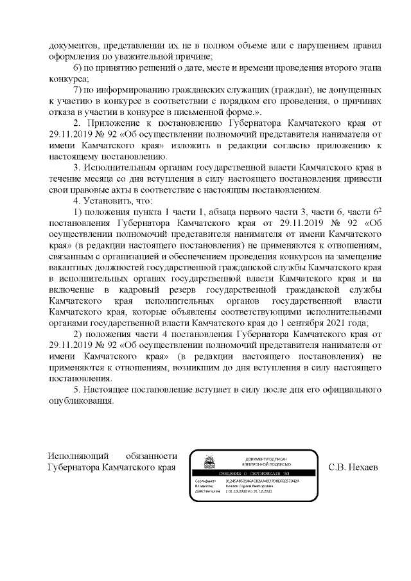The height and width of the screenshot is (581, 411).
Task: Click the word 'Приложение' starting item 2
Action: pos(109,122)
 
